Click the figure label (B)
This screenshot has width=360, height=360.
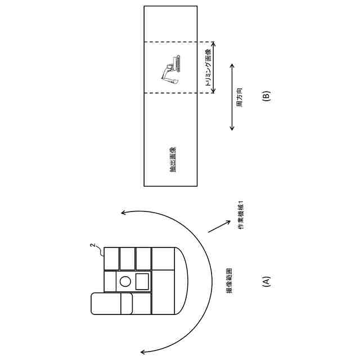pyautogui.click(x=267, y=96)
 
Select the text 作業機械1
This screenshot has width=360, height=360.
pyautogui.click(x=241, y=214)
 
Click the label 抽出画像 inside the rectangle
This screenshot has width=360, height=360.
pyautogui.click(x=173, y=159)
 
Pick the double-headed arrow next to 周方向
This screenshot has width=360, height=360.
pyautogui.click(x=232, y=97)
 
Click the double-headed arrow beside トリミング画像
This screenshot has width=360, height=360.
pyautogui.click(x=214, y=66)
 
